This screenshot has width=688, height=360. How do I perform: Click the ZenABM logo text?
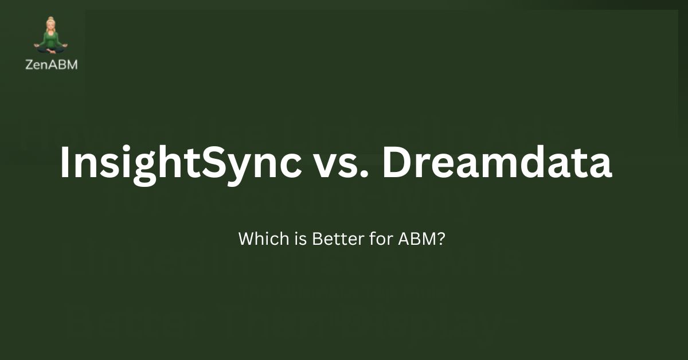52,65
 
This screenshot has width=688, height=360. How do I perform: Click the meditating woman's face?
51,27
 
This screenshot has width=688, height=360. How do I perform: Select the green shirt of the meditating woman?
51,40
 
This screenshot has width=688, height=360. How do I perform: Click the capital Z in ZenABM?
29,65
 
